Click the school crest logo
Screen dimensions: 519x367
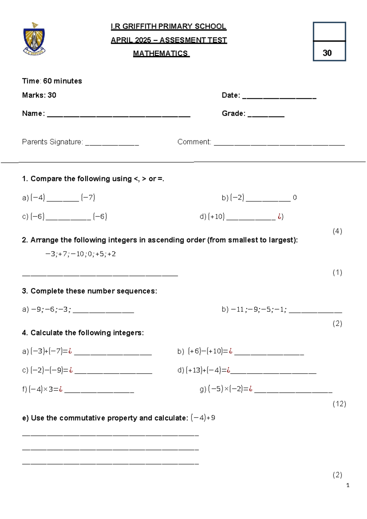[x=34, y=39]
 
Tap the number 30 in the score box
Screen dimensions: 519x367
[x=327, y=53]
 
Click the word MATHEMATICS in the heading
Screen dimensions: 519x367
[x=161, y=54]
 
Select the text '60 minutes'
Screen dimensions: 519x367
[x=62, y=81]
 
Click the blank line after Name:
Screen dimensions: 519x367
[x=119, y=116]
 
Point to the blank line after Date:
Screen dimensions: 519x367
[x=279, y=98]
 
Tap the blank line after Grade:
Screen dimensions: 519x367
[x=266, y=116]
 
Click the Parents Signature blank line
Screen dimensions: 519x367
[x=112, y=144]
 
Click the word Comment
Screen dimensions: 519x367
[x=194, y=142]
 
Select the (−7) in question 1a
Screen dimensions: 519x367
[x=88, y=198]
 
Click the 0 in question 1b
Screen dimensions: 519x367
[x=295, y=198]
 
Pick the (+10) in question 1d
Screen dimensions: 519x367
[x=216, y=217]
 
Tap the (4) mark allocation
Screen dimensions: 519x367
[x=337, y=231]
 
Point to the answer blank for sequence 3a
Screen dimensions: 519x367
[x=103, y=312]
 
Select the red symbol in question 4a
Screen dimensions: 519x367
[x=70, y=351]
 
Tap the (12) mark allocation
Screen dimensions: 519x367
[x=339, y=404]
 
